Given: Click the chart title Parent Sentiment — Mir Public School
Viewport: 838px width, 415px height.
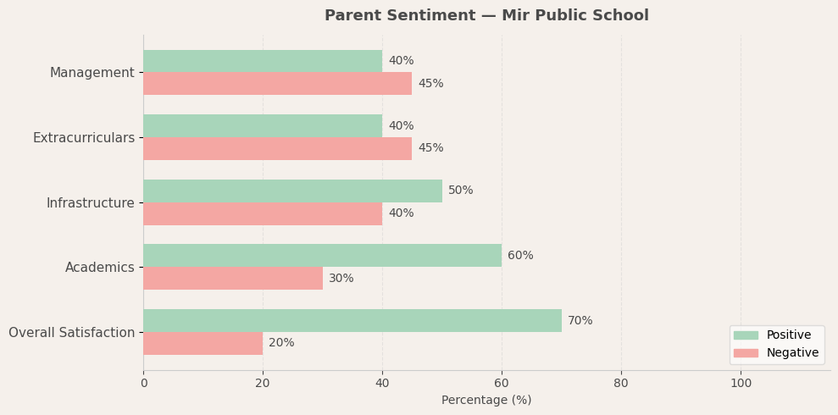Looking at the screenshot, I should [486, 16].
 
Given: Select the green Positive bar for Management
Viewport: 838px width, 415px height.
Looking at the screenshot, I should [263, 61].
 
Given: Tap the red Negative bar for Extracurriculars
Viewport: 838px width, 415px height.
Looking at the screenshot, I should [277, 148].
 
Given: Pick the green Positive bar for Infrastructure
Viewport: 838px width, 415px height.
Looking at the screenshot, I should [292, 191].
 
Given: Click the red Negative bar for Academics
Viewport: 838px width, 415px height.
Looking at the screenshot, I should [233, 279].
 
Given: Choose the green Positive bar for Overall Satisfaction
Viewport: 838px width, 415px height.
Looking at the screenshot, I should [352, 320].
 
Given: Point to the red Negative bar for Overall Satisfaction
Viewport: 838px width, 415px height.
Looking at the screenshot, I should [203, 343].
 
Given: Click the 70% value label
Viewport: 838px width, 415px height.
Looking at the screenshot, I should [580, 321].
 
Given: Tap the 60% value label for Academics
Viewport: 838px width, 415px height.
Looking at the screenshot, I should [520, 256].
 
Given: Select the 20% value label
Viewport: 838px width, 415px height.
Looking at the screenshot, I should [281, 343].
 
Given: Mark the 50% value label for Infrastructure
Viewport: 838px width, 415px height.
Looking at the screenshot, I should [461, 191].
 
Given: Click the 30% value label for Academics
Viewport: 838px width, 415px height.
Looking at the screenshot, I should [341, 279].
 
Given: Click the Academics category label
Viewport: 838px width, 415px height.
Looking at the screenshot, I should [99, 268].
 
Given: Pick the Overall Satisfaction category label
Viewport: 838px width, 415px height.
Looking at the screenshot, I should [71, 333].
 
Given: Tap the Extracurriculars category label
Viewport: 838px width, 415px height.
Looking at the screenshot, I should [83, 138].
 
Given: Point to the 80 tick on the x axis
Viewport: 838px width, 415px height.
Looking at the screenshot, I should [621, 384].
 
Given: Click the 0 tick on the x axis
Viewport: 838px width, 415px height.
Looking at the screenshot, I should [143, 384].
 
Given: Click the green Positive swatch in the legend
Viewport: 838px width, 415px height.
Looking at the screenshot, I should [746, 335].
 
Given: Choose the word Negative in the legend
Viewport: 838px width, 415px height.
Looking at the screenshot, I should [792, 353].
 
